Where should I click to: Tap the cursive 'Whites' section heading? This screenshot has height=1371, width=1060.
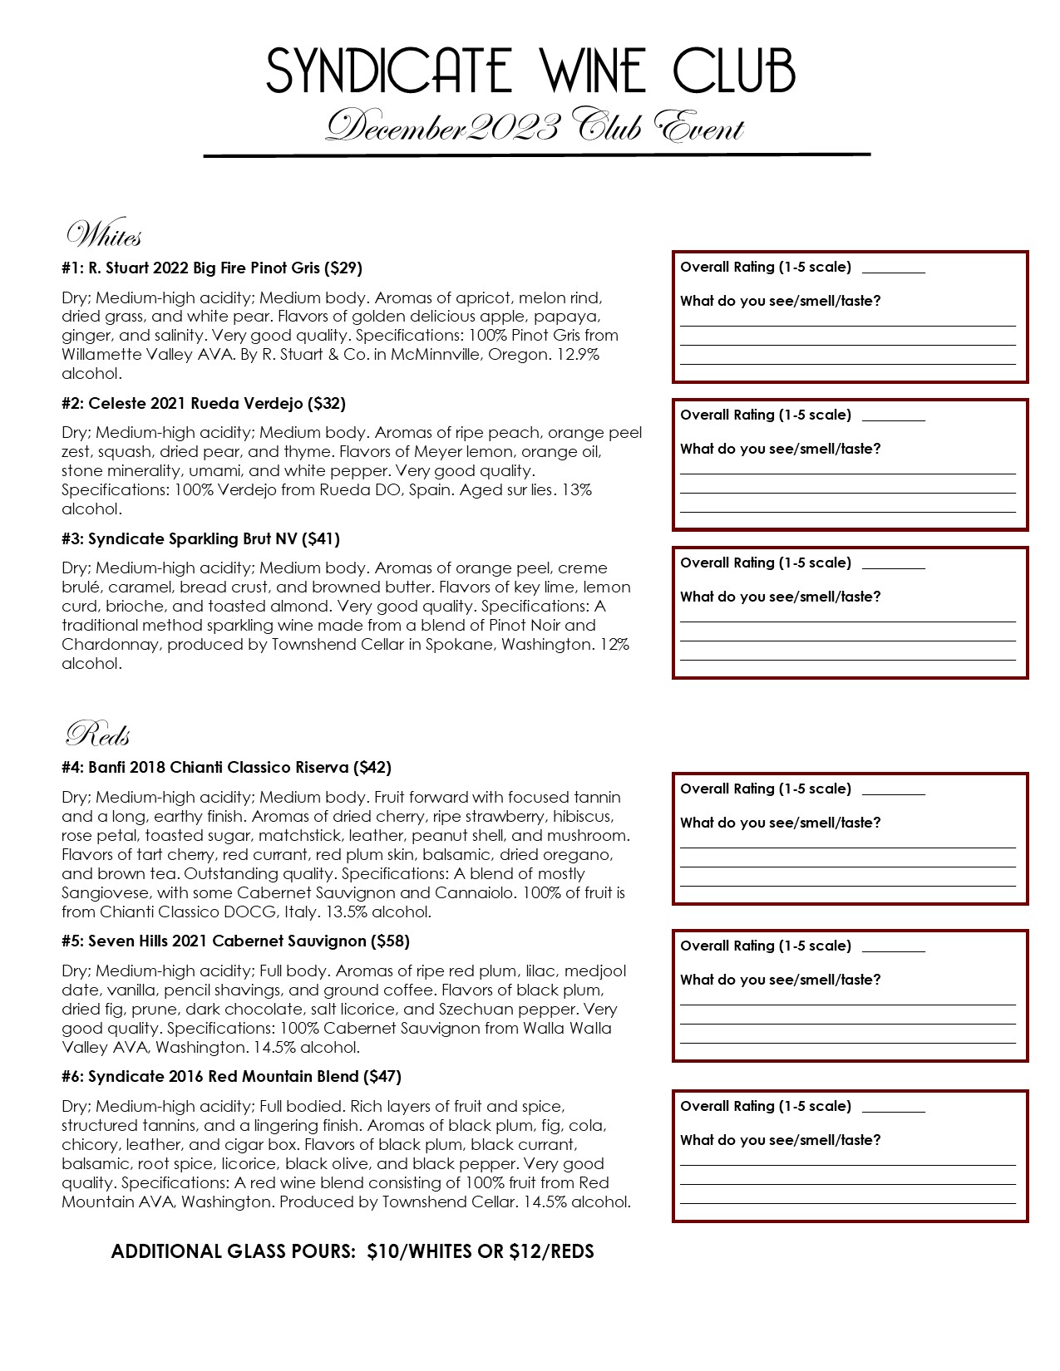click(104, 236)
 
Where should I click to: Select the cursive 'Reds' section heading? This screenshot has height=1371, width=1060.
click(98, 735)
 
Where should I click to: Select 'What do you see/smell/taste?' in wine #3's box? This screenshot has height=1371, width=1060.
click(780, 597)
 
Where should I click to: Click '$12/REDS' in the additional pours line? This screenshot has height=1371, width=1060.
click(551, 1251)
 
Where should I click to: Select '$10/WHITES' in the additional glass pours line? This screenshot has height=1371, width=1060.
click(419, 1251)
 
